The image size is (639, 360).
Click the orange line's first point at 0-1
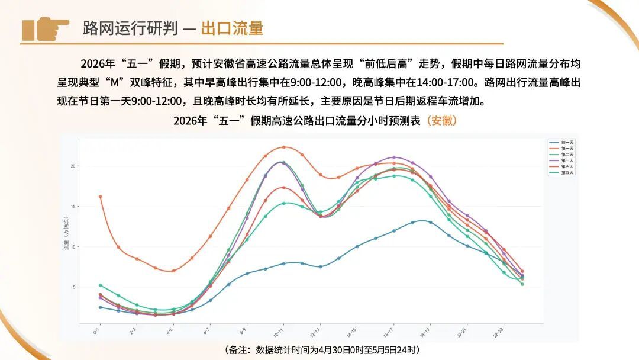[101, 196]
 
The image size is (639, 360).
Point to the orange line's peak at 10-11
[283, 147]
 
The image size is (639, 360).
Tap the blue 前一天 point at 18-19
[430, 223]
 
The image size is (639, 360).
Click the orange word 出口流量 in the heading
[232, 28]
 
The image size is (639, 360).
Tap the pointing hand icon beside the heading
[45, 28]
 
